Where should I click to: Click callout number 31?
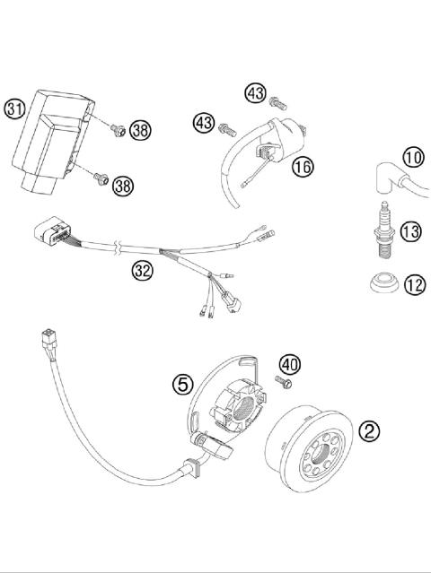[13, 110]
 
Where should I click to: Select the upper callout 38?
[139, 130]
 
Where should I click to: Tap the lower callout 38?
[123, 186]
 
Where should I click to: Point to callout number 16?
[302, 166]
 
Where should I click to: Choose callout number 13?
[410, 233]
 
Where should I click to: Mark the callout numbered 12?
[414, 286]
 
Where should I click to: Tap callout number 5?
[183, 384]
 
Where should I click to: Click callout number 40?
[290, 365]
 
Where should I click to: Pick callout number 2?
[369, 430]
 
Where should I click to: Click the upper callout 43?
[255, 93]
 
